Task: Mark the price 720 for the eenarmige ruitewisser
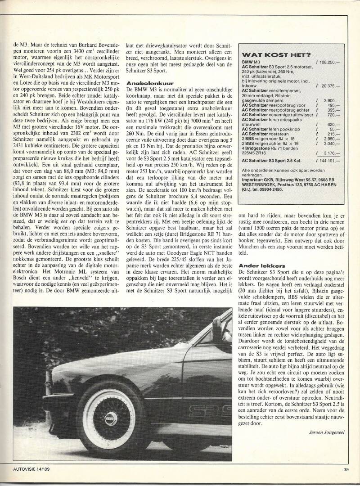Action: tap(332, 115)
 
